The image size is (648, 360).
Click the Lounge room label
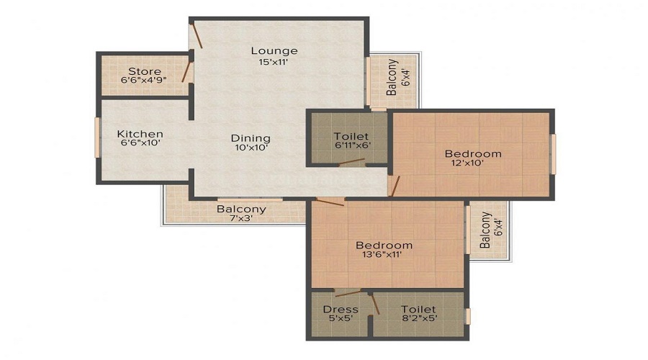click(x=274, y=50)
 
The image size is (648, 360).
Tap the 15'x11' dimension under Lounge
click(x=274, y=62)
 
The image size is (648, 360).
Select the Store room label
click(x=144, y=71)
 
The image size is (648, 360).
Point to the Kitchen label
click(x=140, y=134)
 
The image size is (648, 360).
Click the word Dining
click(x=251, y=138)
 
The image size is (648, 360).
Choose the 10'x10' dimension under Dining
click(x=251, y=149)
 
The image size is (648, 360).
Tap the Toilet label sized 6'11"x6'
click(x=351, y=136)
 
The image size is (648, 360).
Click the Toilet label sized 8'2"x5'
click(x=418, y=310)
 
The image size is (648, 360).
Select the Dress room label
click(x=341, y=310)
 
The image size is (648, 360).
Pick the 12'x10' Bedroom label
click(x=472, y=153)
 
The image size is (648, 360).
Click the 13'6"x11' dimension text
click(x=384, y=254)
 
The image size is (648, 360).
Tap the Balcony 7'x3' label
click(x=241, y=210)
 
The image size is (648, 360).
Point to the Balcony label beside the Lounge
click(x=391, y=78)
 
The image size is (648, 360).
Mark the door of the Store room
click(x=188, y=72)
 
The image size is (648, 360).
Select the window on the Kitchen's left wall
click(x=96, y=137)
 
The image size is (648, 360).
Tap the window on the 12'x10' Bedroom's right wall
click(x=553, y=153)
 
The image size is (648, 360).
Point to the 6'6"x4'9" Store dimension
click(x=144, y=81)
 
